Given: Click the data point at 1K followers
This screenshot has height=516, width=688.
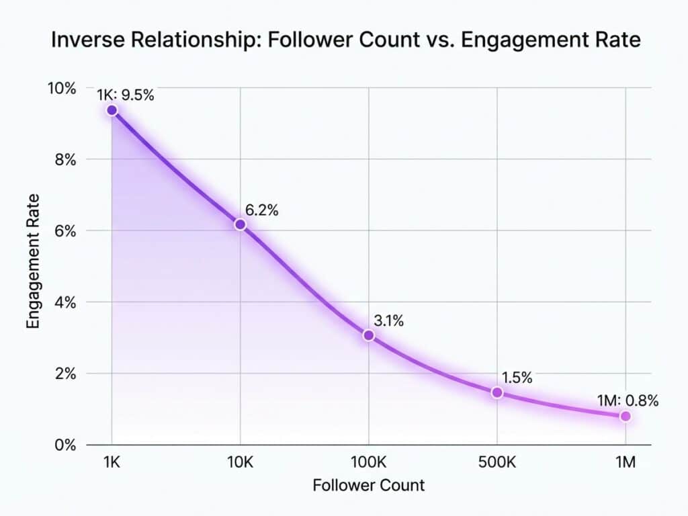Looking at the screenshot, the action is click(x=112, y=110).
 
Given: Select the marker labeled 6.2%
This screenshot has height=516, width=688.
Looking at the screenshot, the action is click(x=240, y=224).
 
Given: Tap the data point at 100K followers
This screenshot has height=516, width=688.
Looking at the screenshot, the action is click(x=368, y=335).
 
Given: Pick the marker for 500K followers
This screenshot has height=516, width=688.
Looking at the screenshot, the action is click(x=497, y=392).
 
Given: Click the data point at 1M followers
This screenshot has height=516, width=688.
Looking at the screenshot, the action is click(x=626, y=417).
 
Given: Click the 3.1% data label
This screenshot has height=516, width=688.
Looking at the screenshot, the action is click(x=388, y=321).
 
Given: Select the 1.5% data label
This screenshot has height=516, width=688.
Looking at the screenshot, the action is click(x=517, y=378).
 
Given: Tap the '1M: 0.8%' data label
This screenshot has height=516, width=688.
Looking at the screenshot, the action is click(x=628, y=401).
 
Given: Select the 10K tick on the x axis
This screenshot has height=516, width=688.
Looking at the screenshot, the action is click(x=240, y=463).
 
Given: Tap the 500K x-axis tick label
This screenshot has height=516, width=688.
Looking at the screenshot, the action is click(x=497, y=463).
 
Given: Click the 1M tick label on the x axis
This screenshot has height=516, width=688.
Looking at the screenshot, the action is click(x=626, y=463).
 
